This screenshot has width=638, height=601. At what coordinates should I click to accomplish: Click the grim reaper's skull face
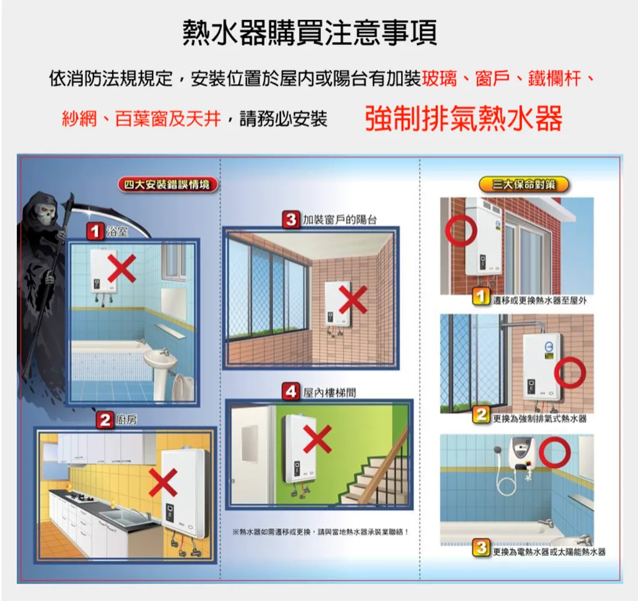(45, 213)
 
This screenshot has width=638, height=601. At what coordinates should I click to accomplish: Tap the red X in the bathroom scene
(121, 268)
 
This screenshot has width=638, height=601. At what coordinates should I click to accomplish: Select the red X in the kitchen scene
(163, 483)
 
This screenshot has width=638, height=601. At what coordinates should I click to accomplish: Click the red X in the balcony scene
(353, 300)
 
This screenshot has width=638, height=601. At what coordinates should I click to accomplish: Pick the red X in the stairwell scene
(317, 439)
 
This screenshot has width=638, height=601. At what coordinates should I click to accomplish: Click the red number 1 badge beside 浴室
(95, 231)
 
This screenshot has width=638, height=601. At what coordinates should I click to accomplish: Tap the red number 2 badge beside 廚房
(105, 420)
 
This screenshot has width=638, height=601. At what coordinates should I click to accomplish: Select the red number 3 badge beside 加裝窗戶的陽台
(291, 220)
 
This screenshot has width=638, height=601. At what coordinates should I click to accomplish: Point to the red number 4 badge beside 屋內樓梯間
(291, 392)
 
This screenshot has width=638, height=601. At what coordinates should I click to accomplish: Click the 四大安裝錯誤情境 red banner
(168, 185)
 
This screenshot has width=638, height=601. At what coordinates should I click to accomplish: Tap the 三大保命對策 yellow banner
(523, 185)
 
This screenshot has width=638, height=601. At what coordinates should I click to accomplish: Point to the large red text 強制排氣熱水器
(464, 118)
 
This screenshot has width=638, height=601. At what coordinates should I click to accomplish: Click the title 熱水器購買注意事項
(310, 32)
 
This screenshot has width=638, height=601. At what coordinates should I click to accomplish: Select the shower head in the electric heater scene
(497, 451)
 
